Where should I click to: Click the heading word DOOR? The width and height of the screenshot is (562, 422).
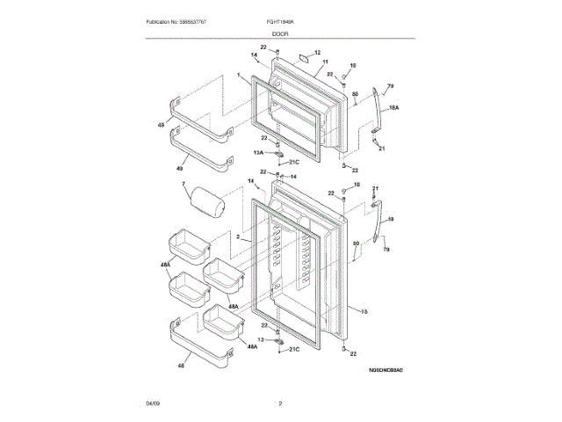281,33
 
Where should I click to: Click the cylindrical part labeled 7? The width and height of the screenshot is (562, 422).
208,205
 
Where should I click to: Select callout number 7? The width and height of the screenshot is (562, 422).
184,185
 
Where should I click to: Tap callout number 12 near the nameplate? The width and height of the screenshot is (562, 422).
318,53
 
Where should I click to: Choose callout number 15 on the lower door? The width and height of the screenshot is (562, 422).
364,310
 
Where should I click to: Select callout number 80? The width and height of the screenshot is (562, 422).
356,244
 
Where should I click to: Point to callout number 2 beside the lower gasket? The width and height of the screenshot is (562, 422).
238,237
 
